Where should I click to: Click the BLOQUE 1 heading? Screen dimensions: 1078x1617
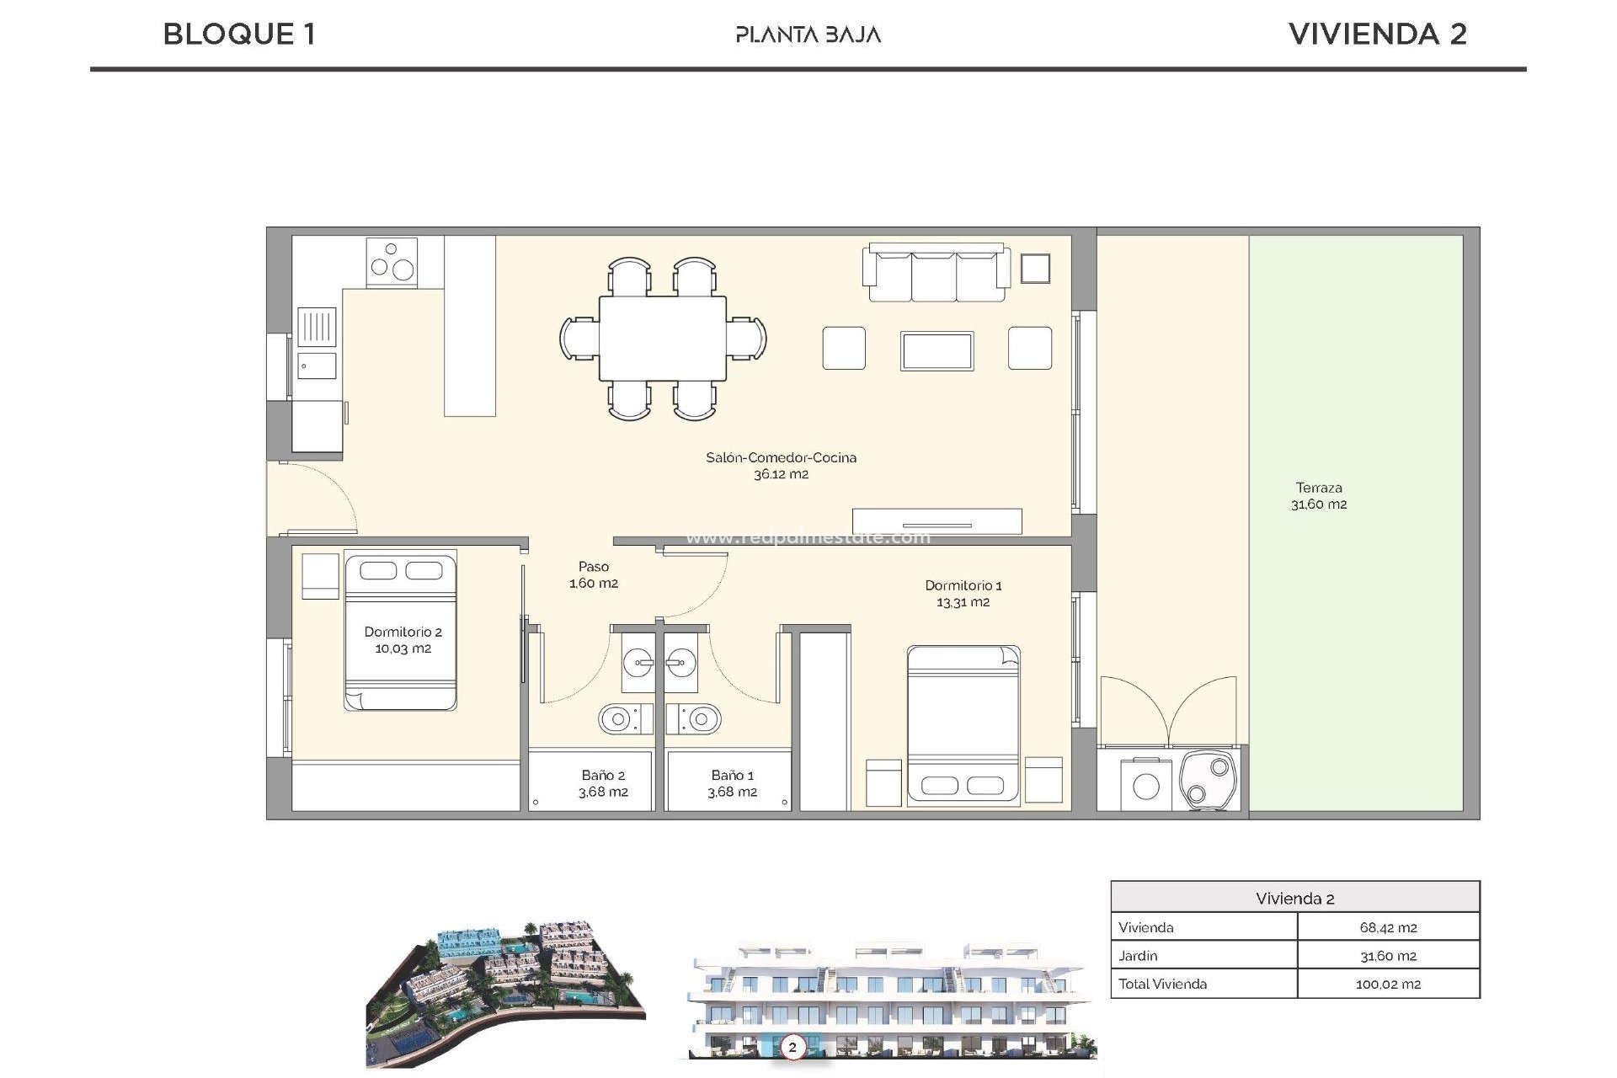[x=239, y=35]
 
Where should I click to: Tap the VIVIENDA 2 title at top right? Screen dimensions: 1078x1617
[x=1377, y=35]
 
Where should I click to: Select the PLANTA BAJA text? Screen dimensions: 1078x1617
[x=808, y=35]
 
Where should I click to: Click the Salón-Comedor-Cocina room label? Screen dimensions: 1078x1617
[x=781, y=466]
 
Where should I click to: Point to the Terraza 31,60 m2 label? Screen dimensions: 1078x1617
[x=1318, y=496]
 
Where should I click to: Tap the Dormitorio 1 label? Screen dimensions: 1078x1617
[x=963, y=593]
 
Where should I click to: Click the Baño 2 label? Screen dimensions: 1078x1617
[x=603, y=783]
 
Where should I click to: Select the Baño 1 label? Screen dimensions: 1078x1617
[x=732, y=783]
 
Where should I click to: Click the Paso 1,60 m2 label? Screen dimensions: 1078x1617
[x=593, y=574]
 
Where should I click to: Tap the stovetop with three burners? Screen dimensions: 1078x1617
[x=392, y=261]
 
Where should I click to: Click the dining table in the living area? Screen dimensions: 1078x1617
[x=663, y=338]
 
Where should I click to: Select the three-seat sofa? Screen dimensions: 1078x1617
[x=935, y=274]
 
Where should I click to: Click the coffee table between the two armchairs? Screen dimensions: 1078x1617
[x=937, y=350]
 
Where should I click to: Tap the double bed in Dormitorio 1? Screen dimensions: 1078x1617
[x=963, y=724]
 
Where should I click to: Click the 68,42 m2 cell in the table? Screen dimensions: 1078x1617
[x=1387, y=927]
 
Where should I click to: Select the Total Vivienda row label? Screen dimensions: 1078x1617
[x=1162, y=984]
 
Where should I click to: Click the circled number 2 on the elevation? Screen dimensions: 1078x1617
[x=792, y=1047]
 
